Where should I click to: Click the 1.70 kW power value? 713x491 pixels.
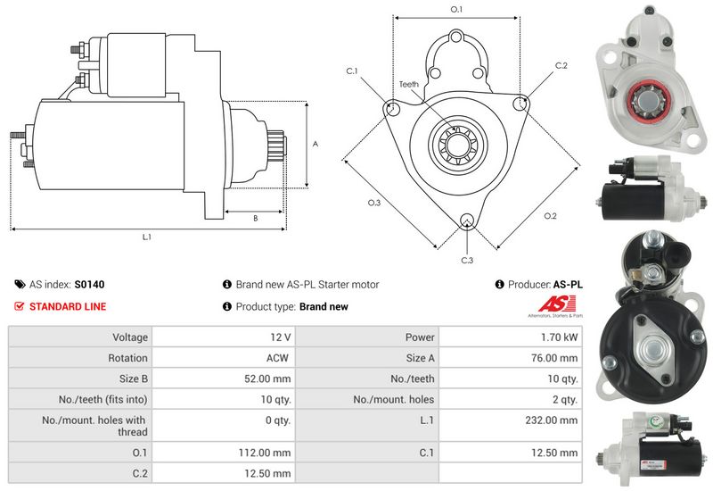pyautogui.click(x=559, y=337)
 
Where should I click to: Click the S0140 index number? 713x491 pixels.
pyautogui.click(x=89, y=285)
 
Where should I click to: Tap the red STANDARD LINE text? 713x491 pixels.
pyautogui.click(x=68, y=306)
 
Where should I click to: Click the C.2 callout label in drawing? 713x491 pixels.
pyautogui.click(x=561, y=66)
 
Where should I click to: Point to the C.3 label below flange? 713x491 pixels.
pyautogui.click(x=467, y=260)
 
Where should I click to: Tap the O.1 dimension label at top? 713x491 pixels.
pyautogui.click(x=455, y=9)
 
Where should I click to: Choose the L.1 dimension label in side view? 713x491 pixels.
pyautogui.click(x=147, y=237)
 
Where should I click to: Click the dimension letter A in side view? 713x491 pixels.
pyautogui.click(x=315, y=144)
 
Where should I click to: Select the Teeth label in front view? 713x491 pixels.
pyautogui.click(x=409, y=84)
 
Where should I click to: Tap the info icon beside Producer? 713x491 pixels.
pyautogui.click(x=500, y=285)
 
